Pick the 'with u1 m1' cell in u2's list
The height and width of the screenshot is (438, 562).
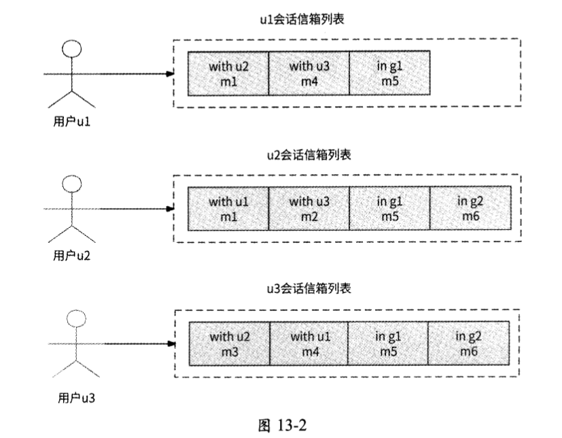click(228, 208)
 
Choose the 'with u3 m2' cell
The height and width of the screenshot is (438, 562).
click(309, 208)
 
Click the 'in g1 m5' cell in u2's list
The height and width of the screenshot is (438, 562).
click(389, 208)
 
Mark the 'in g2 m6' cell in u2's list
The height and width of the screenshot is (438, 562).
click(470, 208)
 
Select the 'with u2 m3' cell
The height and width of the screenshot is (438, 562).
click(229, 343)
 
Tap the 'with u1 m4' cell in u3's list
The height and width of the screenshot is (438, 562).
click(309, 343)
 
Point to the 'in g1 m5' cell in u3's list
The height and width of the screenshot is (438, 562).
click(388, 343)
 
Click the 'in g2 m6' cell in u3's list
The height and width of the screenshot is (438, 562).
click(468, 343)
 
